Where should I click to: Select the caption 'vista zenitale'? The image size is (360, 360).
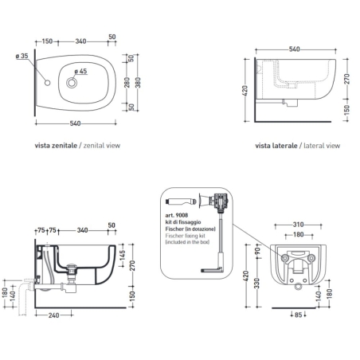coord(55,147)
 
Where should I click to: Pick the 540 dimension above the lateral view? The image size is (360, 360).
coord(293,49)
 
